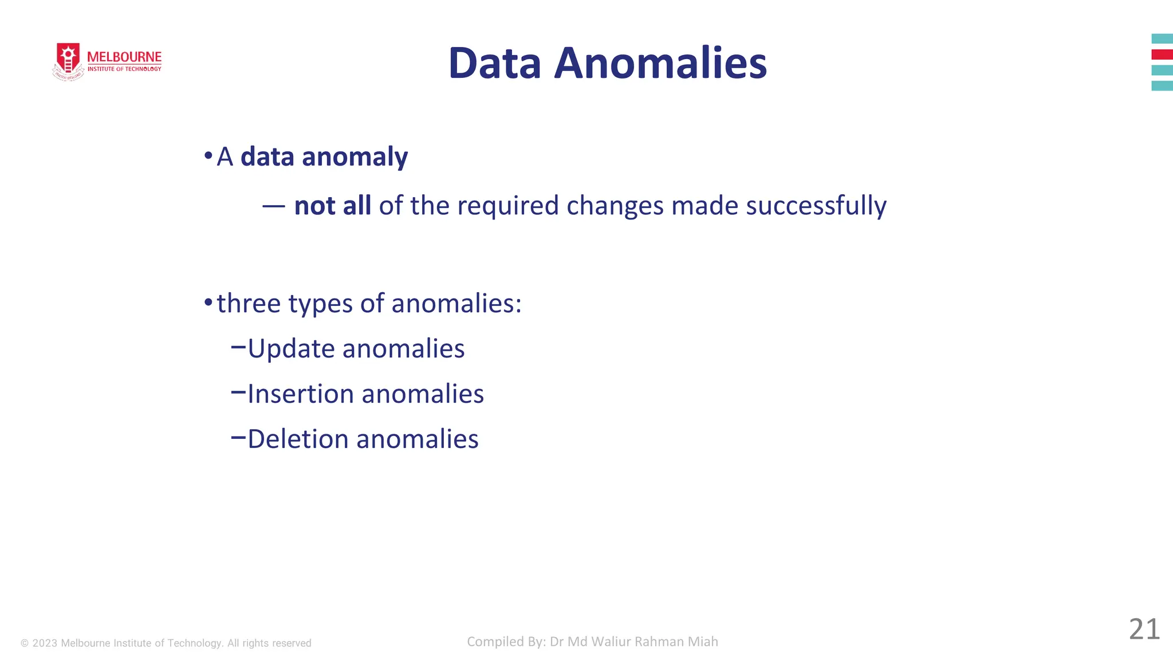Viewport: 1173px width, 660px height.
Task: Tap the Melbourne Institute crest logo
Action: pos(68,61)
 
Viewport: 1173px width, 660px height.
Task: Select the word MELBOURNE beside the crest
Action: pos(124,57)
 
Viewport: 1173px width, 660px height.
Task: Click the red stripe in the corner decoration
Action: pos(1162,54)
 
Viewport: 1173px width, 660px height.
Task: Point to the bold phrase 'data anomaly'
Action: pos(324,157)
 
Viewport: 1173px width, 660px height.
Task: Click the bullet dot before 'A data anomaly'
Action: pos(208,156)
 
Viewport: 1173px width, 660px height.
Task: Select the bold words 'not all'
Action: pos(332,206)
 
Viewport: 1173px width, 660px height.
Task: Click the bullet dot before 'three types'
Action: pos(208,302)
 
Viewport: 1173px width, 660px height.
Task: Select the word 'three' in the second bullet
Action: pos(249,303)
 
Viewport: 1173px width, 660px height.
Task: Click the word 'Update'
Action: pos(291,348)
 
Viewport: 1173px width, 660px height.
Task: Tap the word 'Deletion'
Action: pos(298,439)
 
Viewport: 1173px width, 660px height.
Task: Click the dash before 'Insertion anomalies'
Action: pos(238,392)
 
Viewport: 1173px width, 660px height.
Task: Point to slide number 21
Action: pos(1144,629)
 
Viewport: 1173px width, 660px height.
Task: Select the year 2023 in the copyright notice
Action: pos(45,643)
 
